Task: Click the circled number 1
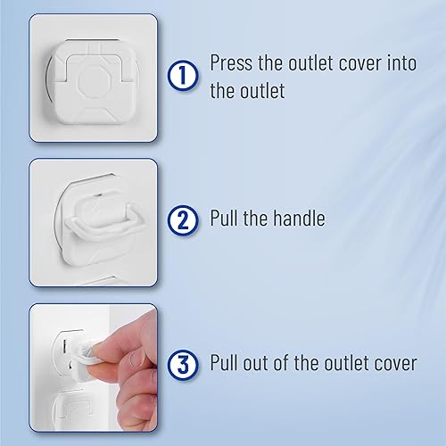(x=183, y=77)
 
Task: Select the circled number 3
(x=183, y=364)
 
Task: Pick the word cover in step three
(x=392, y=364)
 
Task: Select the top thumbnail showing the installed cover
(x=93, y=79)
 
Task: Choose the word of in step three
(x=294, y=364)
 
